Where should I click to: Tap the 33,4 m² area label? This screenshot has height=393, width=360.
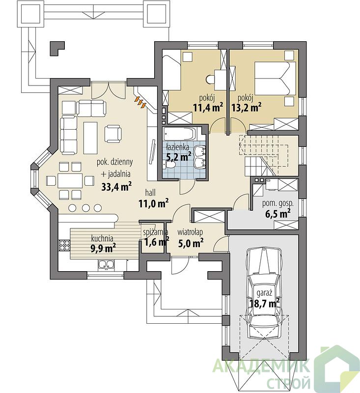117,187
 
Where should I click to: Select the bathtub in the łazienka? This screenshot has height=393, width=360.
180,134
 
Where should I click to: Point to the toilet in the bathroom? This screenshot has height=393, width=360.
169,165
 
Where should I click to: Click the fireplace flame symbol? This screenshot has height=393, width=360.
141,102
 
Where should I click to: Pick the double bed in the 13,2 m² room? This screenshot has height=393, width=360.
275,78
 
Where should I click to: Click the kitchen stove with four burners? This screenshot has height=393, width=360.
64,245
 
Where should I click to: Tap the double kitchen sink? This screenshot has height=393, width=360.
106,265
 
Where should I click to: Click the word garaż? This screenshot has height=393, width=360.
264,293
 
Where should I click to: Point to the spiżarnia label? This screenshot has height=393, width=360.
155,232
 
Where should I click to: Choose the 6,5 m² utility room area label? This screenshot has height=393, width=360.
278,214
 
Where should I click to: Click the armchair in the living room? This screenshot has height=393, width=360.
113,133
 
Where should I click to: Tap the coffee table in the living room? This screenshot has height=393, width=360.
90,138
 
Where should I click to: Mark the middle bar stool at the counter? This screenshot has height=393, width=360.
85,207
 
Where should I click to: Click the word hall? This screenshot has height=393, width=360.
150,193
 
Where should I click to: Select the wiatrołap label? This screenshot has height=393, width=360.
190,232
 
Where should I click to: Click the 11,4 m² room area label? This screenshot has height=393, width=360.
208,108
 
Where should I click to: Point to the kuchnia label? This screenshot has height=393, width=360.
102,238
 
